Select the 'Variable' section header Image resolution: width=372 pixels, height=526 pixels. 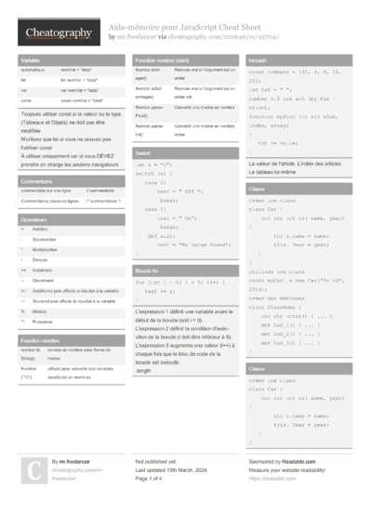click(x=30, y=59)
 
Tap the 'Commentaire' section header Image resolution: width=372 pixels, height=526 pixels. click(x=36, y=181)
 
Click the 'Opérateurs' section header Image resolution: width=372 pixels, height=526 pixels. click(x=34, y=219)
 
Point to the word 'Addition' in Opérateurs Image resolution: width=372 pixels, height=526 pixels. click(x=40, y=229)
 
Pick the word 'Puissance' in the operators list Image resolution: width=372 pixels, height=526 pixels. click(x=43, y=321)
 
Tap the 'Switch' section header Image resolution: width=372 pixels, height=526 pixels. click(x=143, y=151)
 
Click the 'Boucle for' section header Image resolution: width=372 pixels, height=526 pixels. click(x=148, y=270)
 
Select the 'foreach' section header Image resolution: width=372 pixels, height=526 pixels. click(x=258, y=59)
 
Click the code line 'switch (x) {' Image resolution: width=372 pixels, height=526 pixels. click(x=157, y=174)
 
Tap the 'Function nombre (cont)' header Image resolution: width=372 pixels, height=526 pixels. click(x=164, y=59)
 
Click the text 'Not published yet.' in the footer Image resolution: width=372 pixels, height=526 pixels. click(x=157, y=461)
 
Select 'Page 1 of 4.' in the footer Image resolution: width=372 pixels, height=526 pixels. click(x=153, y=479)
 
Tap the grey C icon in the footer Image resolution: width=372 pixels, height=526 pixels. click(x=32, y=470)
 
